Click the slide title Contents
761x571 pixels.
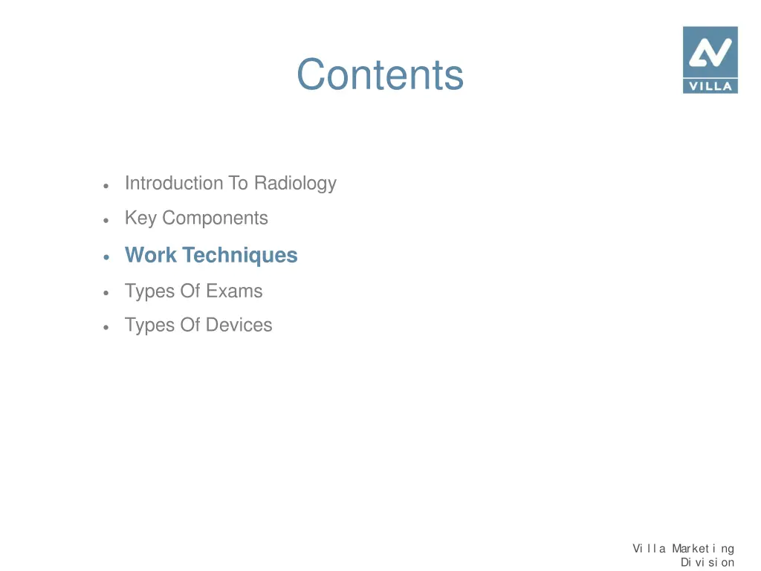coord(380,75)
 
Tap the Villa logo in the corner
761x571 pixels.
coord(710,59)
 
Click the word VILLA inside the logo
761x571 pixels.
coord(710,86)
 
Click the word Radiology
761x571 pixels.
coord(295,184)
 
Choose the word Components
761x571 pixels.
coord(215,219)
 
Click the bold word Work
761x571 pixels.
coord(151,255)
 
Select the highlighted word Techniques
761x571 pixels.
coord(240,256)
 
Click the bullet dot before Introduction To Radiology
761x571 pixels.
coord(108,185)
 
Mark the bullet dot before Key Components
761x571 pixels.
coord(108,220)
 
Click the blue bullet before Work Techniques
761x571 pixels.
coord(108,257)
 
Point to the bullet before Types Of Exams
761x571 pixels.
coord(108,292)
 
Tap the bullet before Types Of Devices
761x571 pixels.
coord(108,327)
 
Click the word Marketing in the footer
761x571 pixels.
coord(703,549)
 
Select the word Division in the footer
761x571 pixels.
coord(707,562)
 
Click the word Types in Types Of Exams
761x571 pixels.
coord(150,291)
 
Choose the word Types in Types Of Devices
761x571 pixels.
coord(150,326)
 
